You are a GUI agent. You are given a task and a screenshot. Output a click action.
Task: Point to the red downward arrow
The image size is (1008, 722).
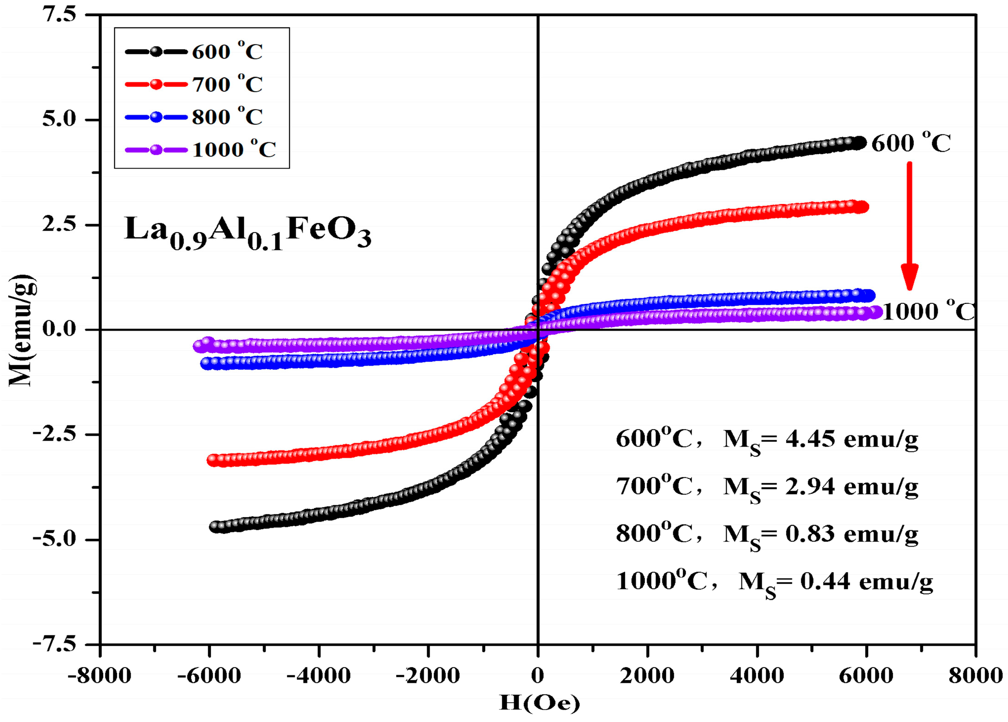(x=910, y=226)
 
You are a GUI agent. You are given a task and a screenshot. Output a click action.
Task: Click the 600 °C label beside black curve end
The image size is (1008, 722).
(x=911, y=142)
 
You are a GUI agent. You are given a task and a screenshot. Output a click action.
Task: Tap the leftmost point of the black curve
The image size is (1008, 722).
(x=215, y=526)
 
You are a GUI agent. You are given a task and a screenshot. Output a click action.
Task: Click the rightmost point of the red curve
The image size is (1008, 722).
(x=863, y=207)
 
